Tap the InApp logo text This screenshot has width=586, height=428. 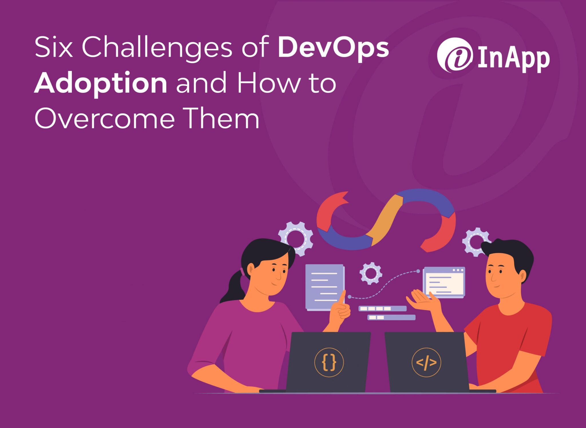pos(514,59)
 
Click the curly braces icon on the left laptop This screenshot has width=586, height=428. pos(329,362)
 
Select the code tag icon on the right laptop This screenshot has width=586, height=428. pos(426,362)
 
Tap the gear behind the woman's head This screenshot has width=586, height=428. pos(296,238)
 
